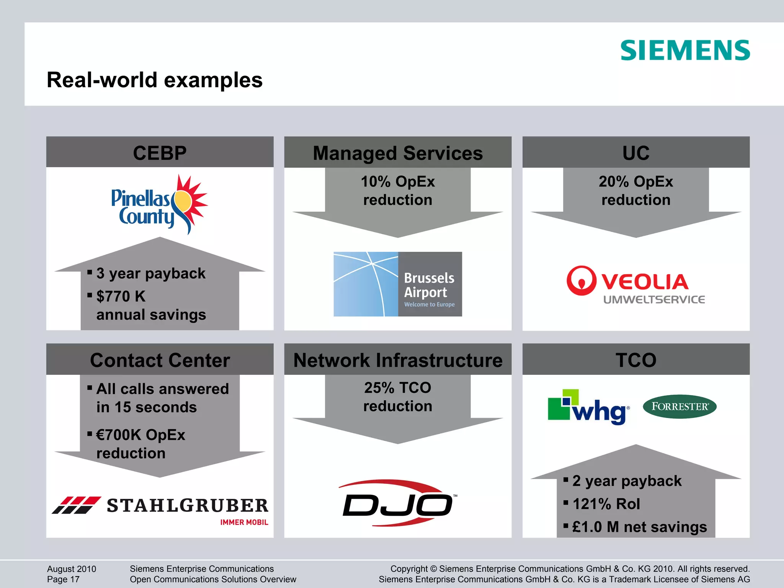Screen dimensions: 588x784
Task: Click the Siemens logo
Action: click(685, 50)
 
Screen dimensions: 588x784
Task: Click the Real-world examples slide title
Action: click(154, 80)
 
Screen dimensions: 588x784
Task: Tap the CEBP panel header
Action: click(160, 153)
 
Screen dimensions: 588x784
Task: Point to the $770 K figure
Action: click(121, 296)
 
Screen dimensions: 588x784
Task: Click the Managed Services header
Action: click(398, 153)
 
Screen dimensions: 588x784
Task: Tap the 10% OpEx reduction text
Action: click(398, 190)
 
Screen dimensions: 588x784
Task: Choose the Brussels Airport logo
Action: click(398, 284)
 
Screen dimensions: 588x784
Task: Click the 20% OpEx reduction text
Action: click(636, 190)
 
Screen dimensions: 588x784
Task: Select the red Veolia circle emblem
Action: click(581, 281)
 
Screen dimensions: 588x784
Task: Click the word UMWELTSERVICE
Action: click(654, 300)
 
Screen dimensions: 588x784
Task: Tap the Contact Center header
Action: click(160, 360)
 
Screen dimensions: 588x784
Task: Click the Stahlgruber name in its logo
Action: click(188, 505)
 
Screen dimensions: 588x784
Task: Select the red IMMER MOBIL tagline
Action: click(244, 523)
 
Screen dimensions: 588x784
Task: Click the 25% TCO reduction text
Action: click(398, 397)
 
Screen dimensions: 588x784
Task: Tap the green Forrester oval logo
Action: click(679, 407)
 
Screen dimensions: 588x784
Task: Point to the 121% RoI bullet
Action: click(606, 504)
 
